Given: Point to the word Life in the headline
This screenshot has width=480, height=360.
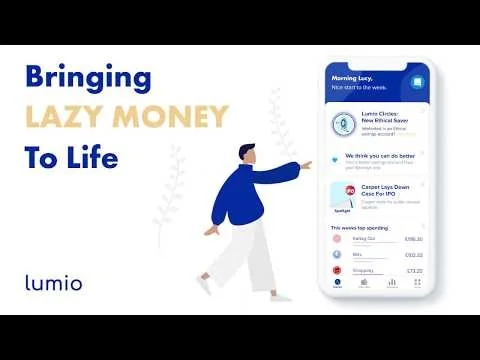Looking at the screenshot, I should (x=93, y=159).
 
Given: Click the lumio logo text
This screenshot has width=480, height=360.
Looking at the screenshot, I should (x=53, y=282).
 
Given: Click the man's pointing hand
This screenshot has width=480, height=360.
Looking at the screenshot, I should (x=305, y=164).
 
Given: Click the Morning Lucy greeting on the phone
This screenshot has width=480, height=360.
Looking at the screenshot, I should (x=353, y=78).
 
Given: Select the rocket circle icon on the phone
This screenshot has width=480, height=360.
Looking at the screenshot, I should (x=344, y=124).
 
